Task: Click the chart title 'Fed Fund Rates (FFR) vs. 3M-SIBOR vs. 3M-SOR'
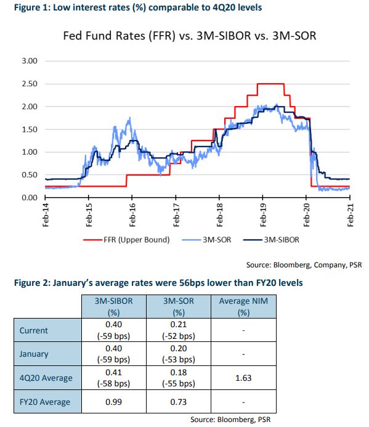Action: [190, 36]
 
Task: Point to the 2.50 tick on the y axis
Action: [30, 84]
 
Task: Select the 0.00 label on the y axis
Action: [30, 197]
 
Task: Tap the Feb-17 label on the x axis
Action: [176, 215]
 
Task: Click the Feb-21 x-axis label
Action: [351, 215]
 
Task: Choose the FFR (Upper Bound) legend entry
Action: [126, 240]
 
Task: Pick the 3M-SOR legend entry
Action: [206, 240]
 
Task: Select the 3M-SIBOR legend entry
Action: [271, 240]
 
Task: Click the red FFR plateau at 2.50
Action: [270, 84]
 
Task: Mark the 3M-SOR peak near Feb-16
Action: [130, 118]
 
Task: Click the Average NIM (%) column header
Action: [243, 307]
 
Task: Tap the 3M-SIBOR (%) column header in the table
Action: [114, 307]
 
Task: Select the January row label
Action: [34, 354]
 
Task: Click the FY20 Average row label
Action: [45, 402]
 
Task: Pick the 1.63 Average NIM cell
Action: [243, 378]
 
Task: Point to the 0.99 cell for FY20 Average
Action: [113, 402]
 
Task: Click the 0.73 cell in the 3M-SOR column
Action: [179, 402]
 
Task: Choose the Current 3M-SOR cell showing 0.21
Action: [179, 330]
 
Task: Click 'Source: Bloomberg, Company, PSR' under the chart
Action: [304, 265]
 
